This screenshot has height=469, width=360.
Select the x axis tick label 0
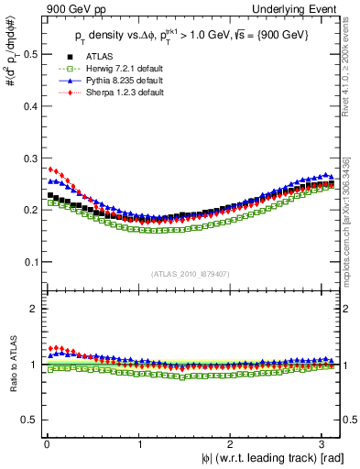[46, 443]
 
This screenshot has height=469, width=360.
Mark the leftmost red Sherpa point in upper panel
[50, 169]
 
